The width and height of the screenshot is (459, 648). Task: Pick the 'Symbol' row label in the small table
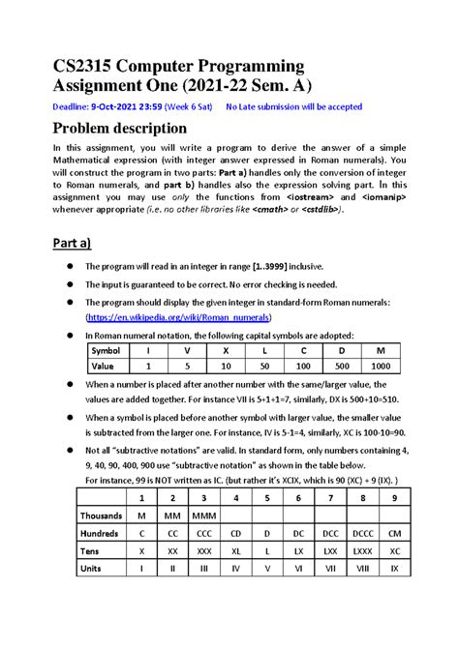tap(105, 351)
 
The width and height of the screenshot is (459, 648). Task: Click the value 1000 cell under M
tap(380, 367)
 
